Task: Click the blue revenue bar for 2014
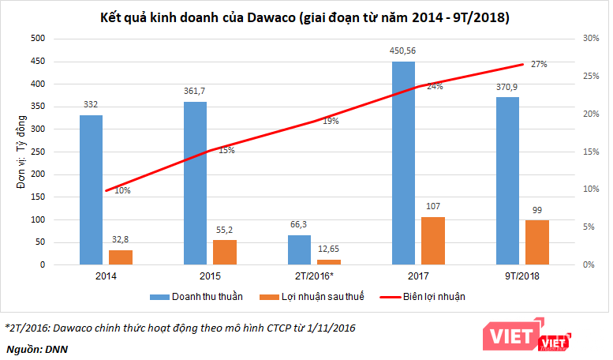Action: tap(91, 189)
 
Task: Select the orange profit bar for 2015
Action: tap(224, 252)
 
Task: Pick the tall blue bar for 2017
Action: tap(403, 163)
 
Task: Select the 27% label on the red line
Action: tap(539, 64)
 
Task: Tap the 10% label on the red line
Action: tap(122, 190)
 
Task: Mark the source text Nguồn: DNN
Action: tap(36, 347)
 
